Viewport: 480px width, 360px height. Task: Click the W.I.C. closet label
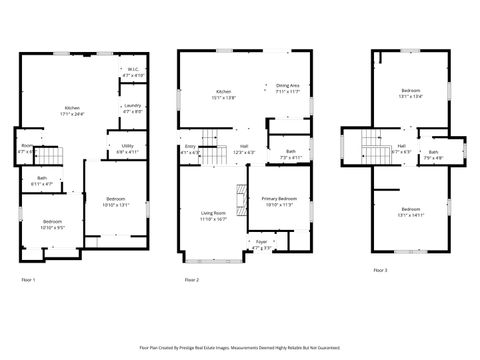click(133, 72)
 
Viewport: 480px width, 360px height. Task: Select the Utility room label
click(128, 149)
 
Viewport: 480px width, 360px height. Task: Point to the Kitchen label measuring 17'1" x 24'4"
click(73, 110)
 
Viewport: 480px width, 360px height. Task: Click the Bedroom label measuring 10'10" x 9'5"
click(52, 224)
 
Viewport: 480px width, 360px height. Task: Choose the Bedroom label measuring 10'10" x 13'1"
click(117, 203)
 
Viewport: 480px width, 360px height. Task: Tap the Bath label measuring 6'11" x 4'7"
click(41, 182)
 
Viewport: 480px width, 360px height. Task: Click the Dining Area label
click(288, 88)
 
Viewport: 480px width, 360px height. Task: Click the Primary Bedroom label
click(280, 202)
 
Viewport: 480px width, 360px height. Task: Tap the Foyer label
click(261, 244)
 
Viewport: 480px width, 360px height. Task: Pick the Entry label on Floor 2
click(190, 150)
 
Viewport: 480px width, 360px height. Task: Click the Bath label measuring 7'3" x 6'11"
click(290, 154)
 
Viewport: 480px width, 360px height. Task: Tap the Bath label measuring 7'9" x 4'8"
click(433, 155)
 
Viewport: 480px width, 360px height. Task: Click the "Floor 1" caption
click(28, 279)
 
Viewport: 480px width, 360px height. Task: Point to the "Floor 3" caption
click(380, 270)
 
